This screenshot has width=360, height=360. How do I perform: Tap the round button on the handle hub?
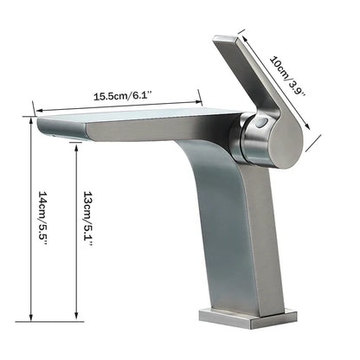click(x=260, y=126)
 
